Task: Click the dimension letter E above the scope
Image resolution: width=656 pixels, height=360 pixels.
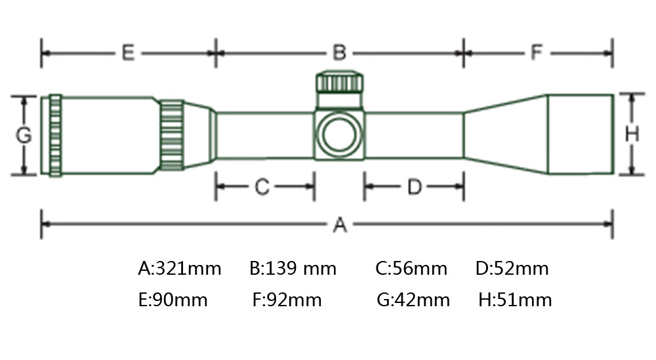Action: click(128, 53)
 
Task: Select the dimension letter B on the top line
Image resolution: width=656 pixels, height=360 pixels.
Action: click(339, 53)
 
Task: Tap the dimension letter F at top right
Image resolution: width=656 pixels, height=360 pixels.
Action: click(537, 52)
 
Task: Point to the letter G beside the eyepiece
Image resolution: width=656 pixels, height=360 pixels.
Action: click(24, 135)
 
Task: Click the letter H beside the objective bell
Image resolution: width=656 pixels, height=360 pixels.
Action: click(632, 134)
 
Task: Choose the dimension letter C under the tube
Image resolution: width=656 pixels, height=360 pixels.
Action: click(262, 187)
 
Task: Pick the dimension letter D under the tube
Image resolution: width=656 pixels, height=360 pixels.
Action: click(415, 187)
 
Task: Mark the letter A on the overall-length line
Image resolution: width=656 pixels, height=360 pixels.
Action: click(340, 224)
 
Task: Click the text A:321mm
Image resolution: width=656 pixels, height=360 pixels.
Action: click(180, 268)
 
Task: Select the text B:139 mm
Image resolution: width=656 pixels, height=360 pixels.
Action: click(293, 268)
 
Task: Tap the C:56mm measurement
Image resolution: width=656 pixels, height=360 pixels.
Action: click(411, 268)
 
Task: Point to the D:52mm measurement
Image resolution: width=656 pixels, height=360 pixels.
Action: click(512, 268)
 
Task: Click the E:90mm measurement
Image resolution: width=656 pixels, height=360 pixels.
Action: click(173, 300)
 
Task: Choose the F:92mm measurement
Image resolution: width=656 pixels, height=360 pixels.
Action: click(287, 300)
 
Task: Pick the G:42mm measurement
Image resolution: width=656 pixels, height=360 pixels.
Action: click(413, 300)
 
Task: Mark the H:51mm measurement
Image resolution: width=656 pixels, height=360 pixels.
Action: click(515, 300)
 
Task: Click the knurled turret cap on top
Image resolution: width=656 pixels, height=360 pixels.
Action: click(340, 82)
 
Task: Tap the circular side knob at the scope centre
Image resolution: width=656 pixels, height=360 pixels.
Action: click(339, 134)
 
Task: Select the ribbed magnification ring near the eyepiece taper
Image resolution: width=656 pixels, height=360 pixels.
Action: click(171, 136)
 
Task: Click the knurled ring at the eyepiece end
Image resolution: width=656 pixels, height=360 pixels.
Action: click(56, 136)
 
